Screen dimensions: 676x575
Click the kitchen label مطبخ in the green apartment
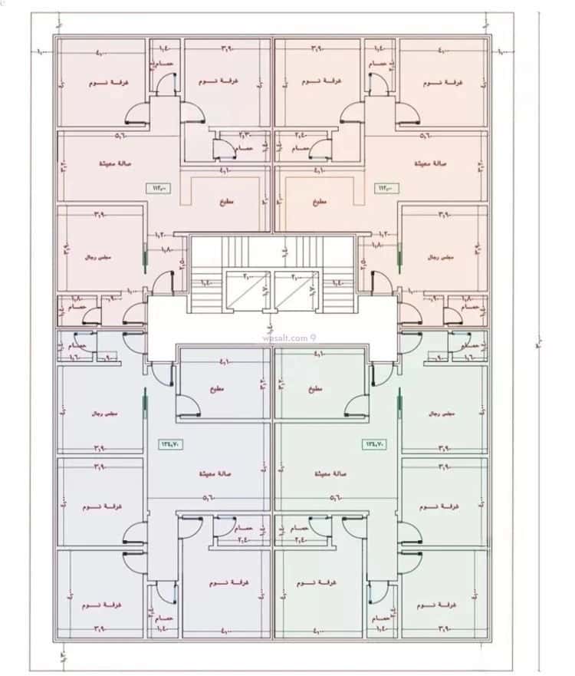pyautogui.click(x=317, y=389)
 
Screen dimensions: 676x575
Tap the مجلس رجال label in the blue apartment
pyautogui.click(x=100, y=414)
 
